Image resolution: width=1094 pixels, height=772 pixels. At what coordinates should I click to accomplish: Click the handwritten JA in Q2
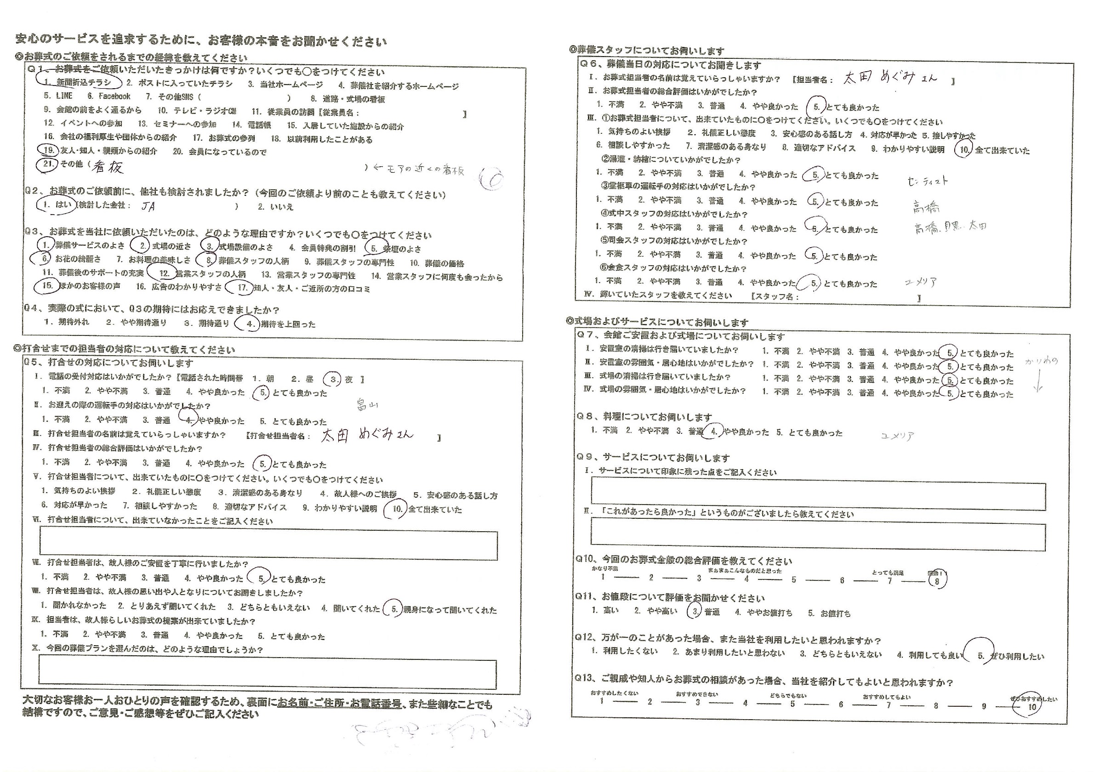click(148, 206)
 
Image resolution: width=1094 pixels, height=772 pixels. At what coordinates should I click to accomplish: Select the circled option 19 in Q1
click(48, 151)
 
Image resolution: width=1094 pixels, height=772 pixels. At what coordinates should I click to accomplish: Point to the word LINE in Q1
click(64, 96)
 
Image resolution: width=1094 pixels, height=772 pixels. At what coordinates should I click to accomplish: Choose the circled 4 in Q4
click(249, 324)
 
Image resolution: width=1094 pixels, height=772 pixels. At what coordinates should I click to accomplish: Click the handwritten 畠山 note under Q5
click(367, 405)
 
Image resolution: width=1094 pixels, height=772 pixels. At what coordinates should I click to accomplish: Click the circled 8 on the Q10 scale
click(937, 580)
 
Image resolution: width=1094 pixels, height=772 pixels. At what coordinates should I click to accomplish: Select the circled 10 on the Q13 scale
click(1031, 707)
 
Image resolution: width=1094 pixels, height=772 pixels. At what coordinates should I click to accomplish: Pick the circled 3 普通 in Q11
click(695, 612)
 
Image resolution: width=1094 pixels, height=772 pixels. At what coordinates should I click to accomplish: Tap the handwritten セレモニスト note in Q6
click(927, 181)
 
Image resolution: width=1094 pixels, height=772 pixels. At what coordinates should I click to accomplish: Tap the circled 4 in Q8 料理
click(713, 431)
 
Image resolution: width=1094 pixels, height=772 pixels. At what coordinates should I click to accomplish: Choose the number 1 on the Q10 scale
click(603, 577)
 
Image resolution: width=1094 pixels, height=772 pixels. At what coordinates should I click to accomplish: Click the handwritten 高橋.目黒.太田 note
click(950, 227)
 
